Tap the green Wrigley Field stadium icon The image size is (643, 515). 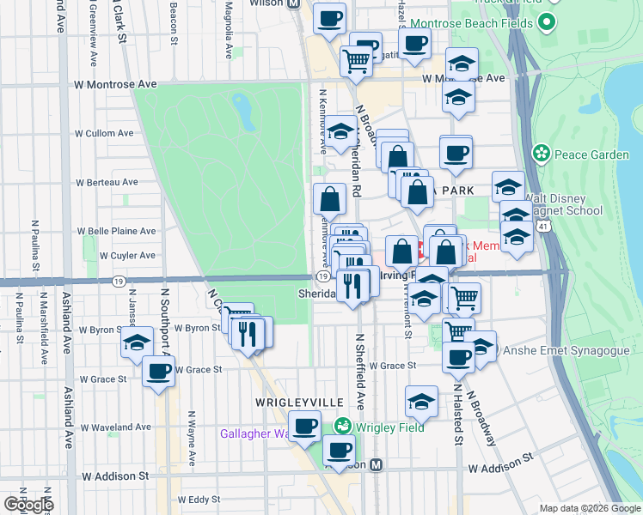pos(343,427)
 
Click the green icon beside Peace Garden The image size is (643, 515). pos(542,154)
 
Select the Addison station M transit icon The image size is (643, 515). pos(389,464)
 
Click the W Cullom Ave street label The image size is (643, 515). pos(104,133)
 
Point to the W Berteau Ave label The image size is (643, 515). pos(107,182)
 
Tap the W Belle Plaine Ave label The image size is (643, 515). pos(117,231)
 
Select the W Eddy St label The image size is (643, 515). pos(199,499)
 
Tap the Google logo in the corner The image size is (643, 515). pos(28,505)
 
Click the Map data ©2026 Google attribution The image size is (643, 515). pos(589,508)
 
